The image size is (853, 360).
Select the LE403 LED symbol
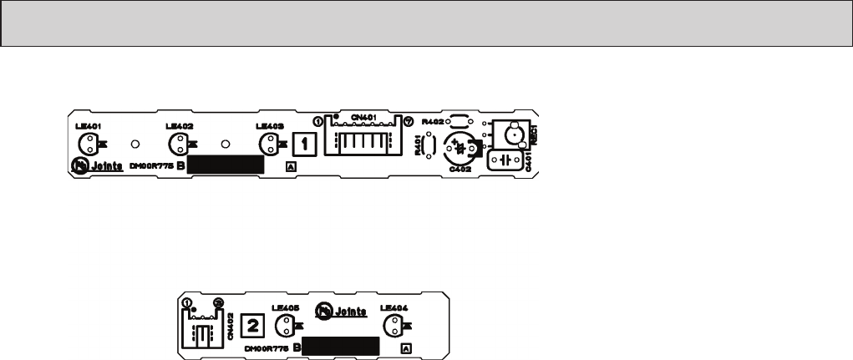(267, 144)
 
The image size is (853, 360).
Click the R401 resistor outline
(430, 146)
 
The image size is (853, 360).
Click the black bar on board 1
(225, 164)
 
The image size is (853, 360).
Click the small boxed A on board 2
(407, 347)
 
